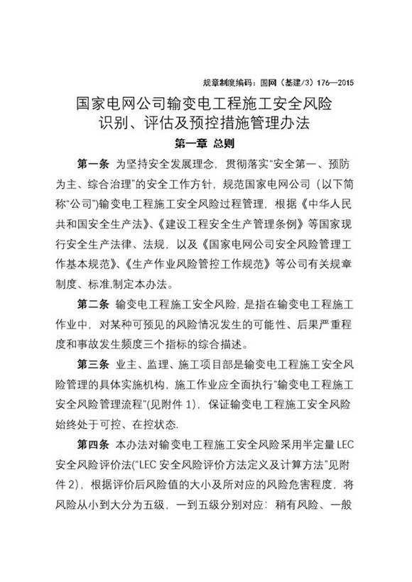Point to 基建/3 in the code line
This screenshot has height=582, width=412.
(x=291, y=82)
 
